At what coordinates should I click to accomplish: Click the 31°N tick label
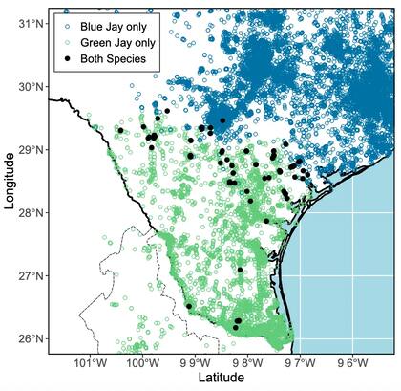click(32, 23)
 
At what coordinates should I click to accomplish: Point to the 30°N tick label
click(32, 86)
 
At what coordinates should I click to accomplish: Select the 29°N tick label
click(32, 149)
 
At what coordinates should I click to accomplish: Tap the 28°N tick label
click(32, 212)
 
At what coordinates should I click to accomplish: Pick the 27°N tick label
click(32, 275)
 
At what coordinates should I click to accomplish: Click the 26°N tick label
click(32, 338)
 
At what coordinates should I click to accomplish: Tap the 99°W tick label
click(196, 363)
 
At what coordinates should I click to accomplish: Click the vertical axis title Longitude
click(9, 182)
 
